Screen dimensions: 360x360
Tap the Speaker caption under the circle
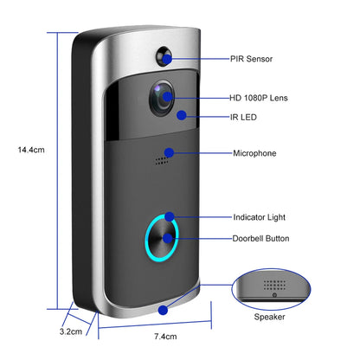(268, 318)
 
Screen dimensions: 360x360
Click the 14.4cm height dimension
(31, 149)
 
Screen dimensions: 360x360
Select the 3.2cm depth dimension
(72, 331)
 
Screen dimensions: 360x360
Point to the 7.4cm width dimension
(164, 337)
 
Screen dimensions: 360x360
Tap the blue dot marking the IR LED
(181, 113)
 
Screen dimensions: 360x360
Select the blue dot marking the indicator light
(170, 217)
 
